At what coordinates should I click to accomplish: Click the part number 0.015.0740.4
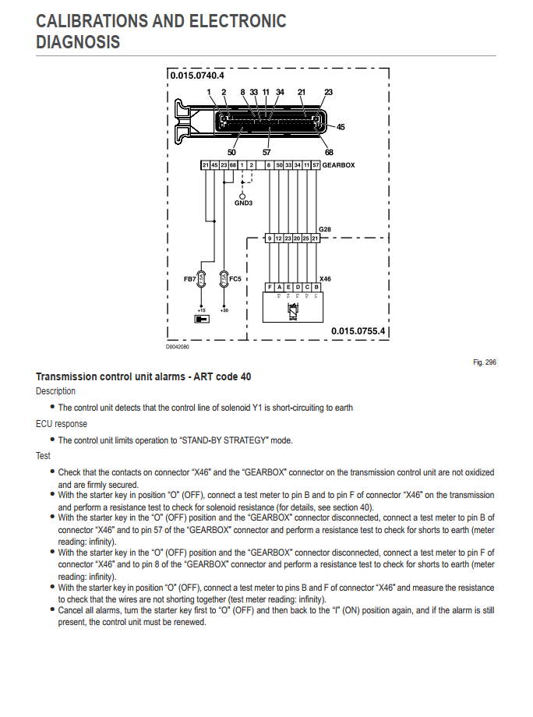pyautogui.click(x=197, y=76)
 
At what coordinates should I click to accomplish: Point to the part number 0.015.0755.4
pyautogui.click(x=358, y=330)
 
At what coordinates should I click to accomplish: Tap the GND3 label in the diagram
pyautogui.click(x=243, y=203)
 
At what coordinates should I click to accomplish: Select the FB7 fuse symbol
pyautogui.click(x=201, y=277)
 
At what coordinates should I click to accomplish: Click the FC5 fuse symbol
pyautogui.click(x=224, y=277)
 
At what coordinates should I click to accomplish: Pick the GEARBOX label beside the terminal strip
pyautogui.click(x=338, y=165)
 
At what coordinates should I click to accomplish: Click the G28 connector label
pyautogui.click(x=325, y=229)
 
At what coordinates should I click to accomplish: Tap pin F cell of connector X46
pyautogui.click(x=270, y=287)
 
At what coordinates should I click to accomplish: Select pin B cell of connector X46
pyautogui.click(x=316, y=287)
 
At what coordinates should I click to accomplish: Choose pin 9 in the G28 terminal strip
pyautogui.click(x=270, y=238)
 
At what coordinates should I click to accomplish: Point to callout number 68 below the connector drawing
pyautogui.click(x=329, y=152)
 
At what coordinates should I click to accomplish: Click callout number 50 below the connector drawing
pyautogui.click(x=231, y=152)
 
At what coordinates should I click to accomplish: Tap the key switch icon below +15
pyautogui.click(x=201, y=319)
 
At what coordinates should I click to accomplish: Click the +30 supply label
pyautogui.click(x=224, y=310)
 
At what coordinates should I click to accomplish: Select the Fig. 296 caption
pyautogui.click(x=484, y=362)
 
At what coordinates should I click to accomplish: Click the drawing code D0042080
pyautogui.click(x=178, y=347)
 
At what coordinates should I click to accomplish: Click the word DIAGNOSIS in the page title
pyautogui.click(x=78, y=42)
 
